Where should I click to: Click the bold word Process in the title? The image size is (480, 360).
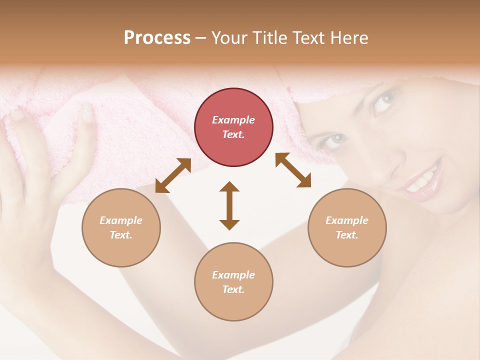pyautogui.click(x=157, y=38)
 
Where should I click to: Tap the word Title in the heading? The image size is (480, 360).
pyautogui.click(x=269, y=38)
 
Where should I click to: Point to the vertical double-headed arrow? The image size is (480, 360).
pyautogui.click(x=229, y=205)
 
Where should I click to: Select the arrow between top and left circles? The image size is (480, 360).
pyautogui.click(x=173, y=175)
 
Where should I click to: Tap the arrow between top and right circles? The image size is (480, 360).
pyautogui.click(x=293, y=170)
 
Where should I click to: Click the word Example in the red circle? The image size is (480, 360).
pyautogui.click(x=233, y=120)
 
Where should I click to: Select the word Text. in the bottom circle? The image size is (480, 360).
pyautogui.click(x=233, y=289)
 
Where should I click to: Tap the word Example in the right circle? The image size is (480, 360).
pyautogui.click(x=347, y=220)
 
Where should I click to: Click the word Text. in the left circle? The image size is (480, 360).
pyautogui.click(x=121, y=235)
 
